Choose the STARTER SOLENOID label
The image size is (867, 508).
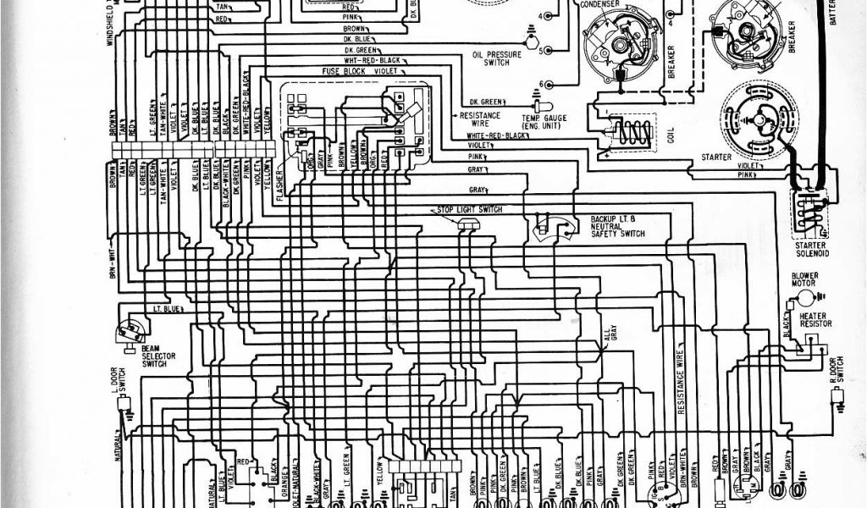tap(811, 249)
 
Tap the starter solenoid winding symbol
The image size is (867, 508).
tap(809, 212)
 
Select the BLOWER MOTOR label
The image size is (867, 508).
tap(803, 280)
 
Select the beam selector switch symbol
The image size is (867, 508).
tap(130, 331)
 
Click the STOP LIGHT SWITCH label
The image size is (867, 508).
tap(470, 209)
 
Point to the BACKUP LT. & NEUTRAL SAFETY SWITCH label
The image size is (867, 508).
tap(617, 226)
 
